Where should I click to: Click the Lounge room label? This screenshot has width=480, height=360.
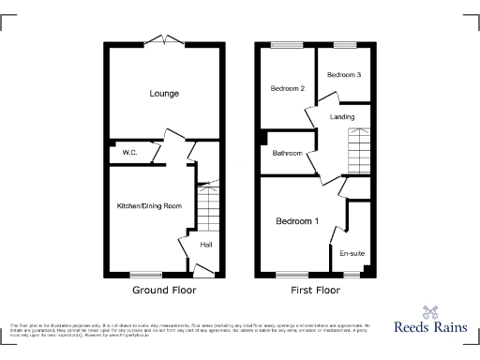coord(164,94)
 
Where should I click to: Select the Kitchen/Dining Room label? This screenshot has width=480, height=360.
coord(148,205)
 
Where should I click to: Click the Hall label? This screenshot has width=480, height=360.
coord(206,246)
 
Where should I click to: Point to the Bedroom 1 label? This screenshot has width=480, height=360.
coord(297,222)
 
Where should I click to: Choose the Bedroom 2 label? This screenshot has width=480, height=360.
coord(289,88)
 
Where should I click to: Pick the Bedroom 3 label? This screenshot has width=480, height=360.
coord(344,74)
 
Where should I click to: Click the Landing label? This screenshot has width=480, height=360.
coord(344,115)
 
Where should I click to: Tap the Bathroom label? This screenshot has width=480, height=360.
coord(288,153)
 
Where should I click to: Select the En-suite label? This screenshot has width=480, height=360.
coord(352,253)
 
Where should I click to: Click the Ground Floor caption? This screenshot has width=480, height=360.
coord(164,291)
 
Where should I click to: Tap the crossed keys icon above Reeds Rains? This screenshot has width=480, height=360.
coord(431,311)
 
